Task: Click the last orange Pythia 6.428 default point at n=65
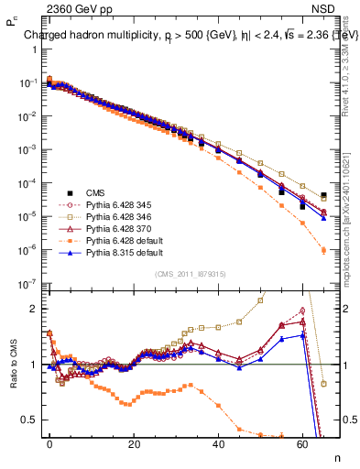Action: [323, 249]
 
